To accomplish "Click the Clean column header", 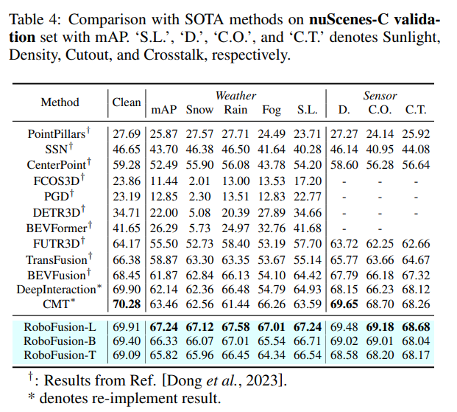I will [127, 102].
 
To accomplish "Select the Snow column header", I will [199, 110].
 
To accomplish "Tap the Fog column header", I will [272, 110].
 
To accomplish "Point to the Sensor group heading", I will [380, 96].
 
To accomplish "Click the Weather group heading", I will [235, 96].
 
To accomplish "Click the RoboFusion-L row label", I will [61, 326].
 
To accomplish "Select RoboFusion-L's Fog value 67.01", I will [272, 326].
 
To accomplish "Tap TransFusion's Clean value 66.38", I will [127, 259].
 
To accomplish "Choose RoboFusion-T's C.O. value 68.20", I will [380, 355].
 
